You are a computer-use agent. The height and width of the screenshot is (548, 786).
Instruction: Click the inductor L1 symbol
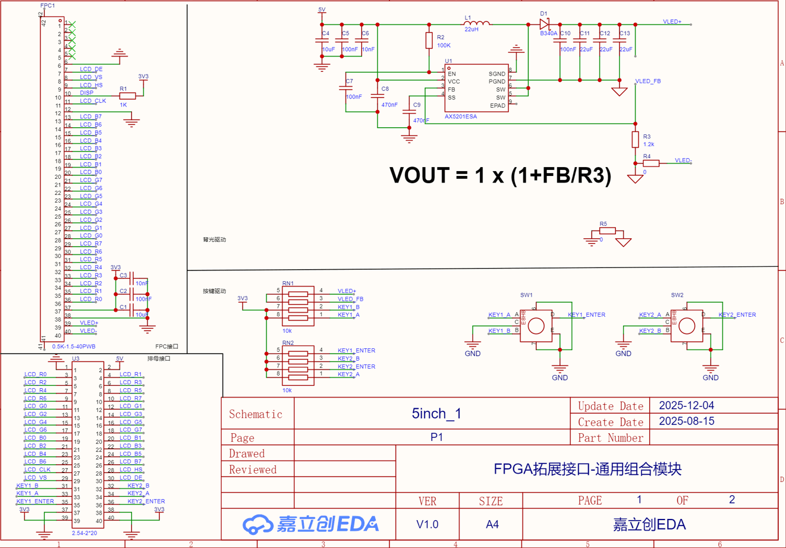pos(477,24)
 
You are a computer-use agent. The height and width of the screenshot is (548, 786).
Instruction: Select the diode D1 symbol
pos(544,24)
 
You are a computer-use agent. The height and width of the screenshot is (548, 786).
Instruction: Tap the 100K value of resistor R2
pos(444,45)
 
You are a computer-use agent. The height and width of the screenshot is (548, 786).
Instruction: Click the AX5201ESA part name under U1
pos(461,116)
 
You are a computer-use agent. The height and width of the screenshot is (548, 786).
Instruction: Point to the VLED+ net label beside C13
pos(672,21)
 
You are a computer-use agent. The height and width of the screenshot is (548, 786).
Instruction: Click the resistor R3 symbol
pos(635,140)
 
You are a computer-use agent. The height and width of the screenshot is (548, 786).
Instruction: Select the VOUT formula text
pos(500,176)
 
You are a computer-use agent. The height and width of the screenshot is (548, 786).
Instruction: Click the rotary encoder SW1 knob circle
pos(536,325)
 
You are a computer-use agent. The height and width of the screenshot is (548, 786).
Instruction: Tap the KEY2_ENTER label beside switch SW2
pos(737,315)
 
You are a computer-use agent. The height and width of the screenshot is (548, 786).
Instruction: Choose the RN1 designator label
pos(288,284)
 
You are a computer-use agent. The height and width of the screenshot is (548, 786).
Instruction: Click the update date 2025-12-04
pos(687,406)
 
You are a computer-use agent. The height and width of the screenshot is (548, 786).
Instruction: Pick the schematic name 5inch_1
pos(436,414)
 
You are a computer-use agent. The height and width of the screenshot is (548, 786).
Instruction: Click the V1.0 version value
pos(427,524)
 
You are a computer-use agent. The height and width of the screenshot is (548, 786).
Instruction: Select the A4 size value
pos(492,524)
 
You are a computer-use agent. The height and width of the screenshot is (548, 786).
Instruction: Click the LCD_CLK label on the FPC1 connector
pos(93,101)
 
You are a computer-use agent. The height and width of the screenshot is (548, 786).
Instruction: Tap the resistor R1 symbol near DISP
pos(127,96)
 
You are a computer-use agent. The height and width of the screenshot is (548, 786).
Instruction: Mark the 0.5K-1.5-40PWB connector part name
pos(74,347)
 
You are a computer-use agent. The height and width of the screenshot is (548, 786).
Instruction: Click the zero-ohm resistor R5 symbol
pos(606,231)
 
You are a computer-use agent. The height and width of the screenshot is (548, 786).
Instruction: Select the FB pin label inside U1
pos(452,90)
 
